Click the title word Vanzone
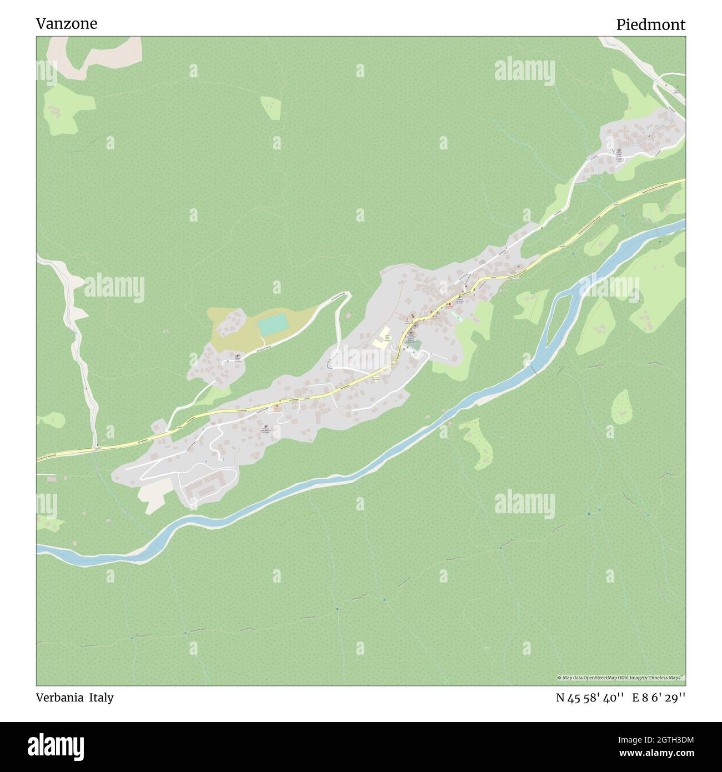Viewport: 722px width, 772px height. (x=66, y=23)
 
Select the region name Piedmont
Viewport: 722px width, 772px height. (x=650, y=24)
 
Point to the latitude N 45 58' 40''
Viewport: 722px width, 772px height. (x=590, y=698)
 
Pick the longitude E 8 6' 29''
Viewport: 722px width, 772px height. (x=659, y=698)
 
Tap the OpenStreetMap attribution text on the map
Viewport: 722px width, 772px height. (x=621, y=678)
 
